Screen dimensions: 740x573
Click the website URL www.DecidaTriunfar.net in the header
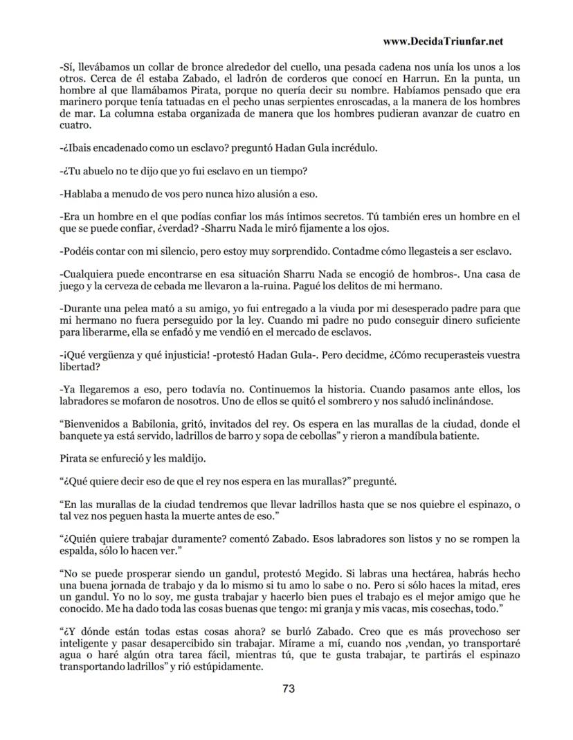click(442, 42)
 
